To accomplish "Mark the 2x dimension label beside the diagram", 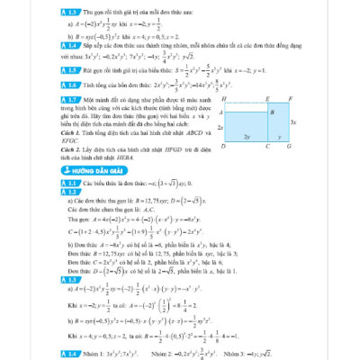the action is (x=220, y=127).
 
